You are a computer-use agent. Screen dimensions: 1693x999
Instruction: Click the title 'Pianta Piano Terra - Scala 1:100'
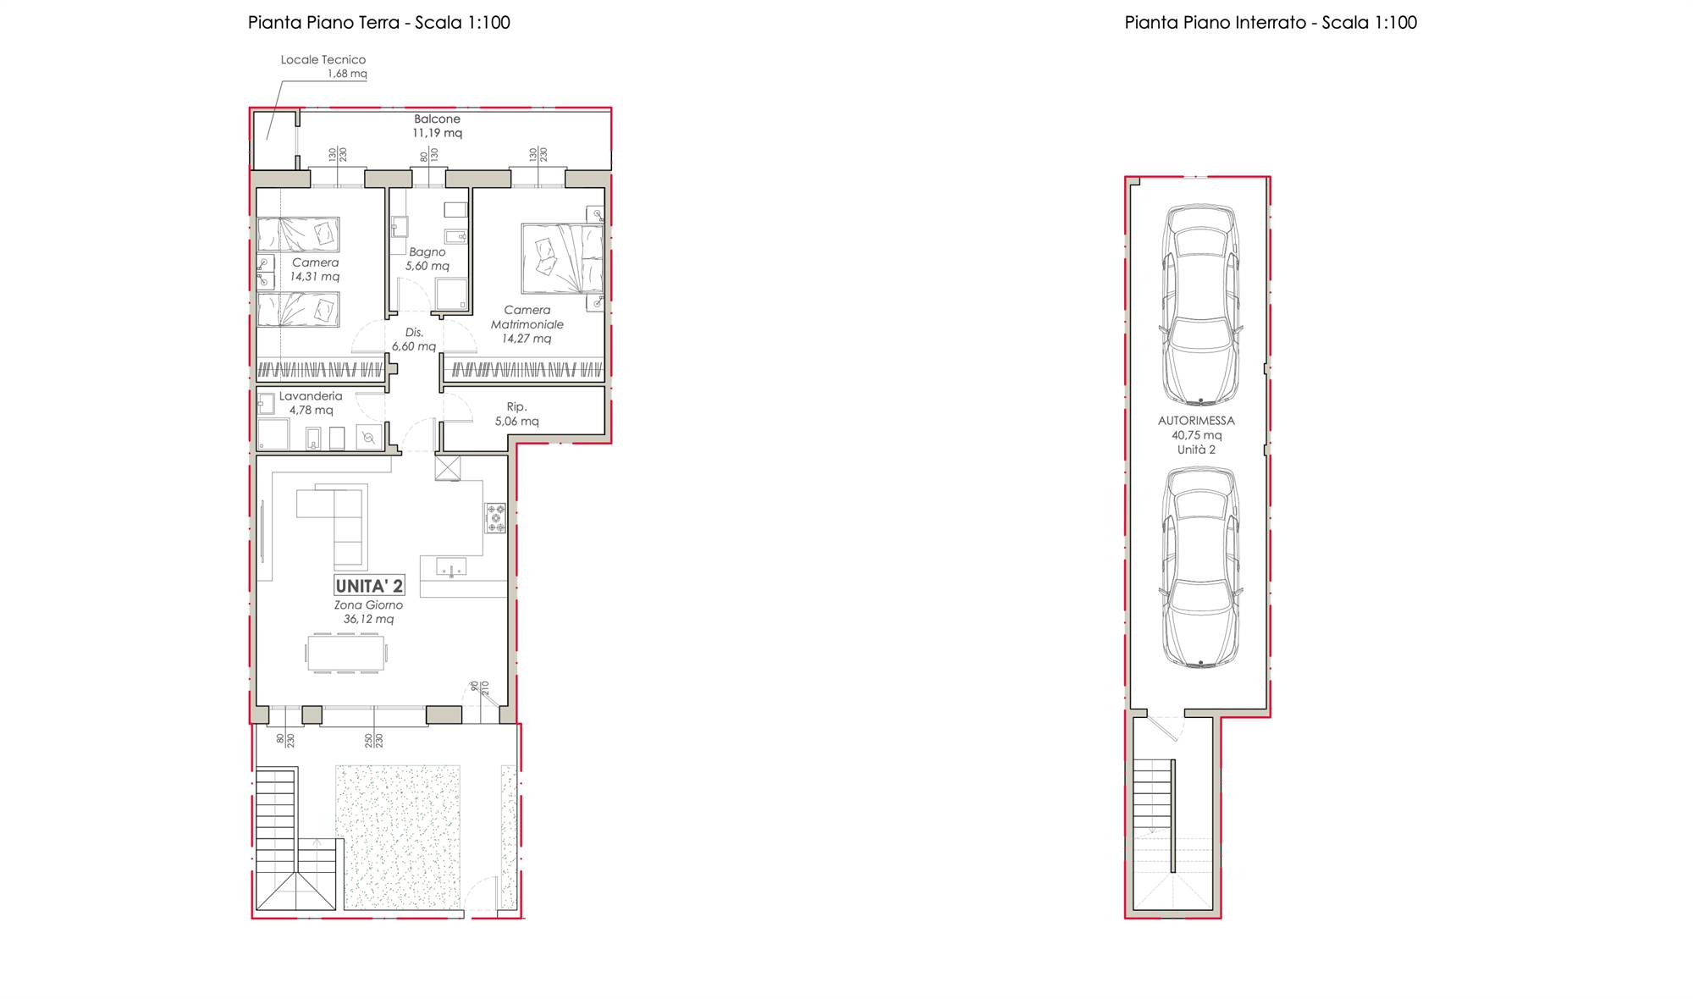tap(379, 23)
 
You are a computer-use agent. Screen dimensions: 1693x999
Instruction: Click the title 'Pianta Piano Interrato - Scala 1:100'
tap(1271, 23)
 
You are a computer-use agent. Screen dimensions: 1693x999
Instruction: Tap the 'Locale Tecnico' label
tap(323, 60)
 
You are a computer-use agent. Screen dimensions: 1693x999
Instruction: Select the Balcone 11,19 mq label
tap(437, 126)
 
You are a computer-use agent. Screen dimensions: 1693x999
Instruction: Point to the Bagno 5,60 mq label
tap(427, 259)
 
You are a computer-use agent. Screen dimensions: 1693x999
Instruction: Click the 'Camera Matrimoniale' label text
tap(527, 317)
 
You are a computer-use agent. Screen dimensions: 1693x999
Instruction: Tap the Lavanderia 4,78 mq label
tap(311, 403)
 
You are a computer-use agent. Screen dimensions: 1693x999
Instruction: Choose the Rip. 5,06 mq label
tap(516, 414)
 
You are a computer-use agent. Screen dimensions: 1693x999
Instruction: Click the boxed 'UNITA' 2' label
tap(369, 585)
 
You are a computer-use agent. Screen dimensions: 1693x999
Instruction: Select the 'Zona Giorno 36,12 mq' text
tap(368, 612)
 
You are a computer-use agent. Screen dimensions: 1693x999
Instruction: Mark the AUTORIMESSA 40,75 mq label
tap(1196, 435)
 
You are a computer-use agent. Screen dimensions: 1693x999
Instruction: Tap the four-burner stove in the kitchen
tap(495, 518)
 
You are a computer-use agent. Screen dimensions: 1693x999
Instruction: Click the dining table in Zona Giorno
tap(346, 653)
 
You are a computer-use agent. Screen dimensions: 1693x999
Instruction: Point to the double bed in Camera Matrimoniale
tap(562, 258)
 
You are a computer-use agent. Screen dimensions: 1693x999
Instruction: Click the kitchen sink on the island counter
tap(450, 566)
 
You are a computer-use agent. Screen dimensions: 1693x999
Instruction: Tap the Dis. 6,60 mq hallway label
tap(413, 339)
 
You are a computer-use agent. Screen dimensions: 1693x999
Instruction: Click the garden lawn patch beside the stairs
tap(398, 836)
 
